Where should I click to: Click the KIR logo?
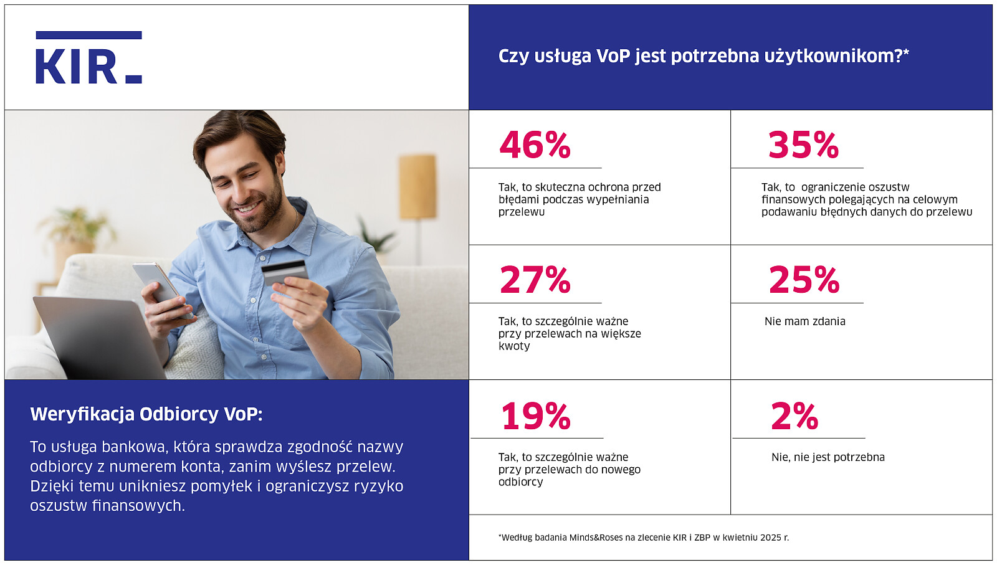pyautogui.click(x=88, y=58)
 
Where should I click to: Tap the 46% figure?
pyautogui.click(x=535, y=145)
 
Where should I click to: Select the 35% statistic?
pyautogui.click(x=803, y=145)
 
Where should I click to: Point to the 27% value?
pyautogui.click(x=535, y=280)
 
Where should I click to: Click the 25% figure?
pyautogui.click(x=804, y=280)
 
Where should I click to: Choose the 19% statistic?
pyautogui.click(x=536, y=416)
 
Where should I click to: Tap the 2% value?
pyautogui.click(x=794, y=416)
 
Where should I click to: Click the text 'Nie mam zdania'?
pyautogui.click(x=804, y=321)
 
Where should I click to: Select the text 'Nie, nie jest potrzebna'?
pyautogui.click(x=828, y=457)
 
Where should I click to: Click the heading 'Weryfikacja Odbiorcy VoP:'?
pyautogui.click(x=146, y=414)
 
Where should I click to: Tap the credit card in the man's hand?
pyautogui.click(x=284, y=272)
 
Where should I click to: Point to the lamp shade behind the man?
pyautogui.click(x=417, y=186)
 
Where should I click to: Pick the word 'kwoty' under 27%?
pyautogui.click(x=514, y=346)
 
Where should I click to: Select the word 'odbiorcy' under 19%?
pyautogui.click(x=520, y=482)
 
